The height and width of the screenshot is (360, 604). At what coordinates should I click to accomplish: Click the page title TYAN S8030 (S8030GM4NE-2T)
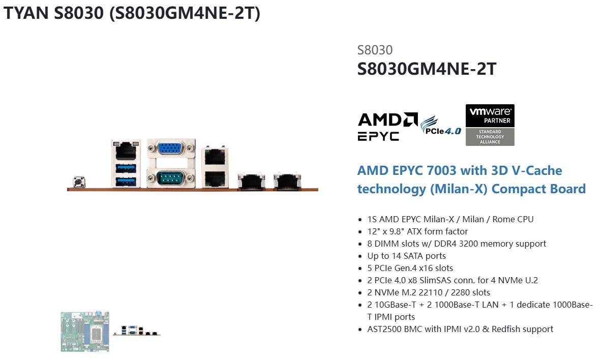tap(132, 14)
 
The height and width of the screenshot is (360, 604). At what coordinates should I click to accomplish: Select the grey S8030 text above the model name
tap(375, 50)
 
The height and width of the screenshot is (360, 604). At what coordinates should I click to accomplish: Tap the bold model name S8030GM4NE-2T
tap(427, 69)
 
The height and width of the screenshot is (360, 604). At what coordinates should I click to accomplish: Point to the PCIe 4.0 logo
tap(441, 125)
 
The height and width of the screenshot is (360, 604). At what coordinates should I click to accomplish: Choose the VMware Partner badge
tap(490, 125)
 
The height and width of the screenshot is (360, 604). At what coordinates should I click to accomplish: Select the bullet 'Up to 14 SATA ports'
tap(406, 256)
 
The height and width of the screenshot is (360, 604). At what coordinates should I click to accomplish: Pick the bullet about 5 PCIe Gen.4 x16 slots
tap(410, 268)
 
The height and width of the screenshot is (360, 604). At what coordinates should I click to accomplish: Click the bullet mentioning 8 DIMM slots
tap(457, 244)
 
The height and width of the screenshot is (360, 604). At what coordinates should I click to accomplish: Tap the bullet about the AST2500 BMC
tap(460, 329)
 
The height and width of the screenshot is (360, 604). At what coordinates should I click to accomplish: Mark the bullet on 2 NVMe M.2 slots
tap(429, 292)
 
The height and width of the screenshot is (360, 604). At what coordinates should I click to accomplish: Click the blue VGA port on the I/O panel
tap(171, 149)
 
